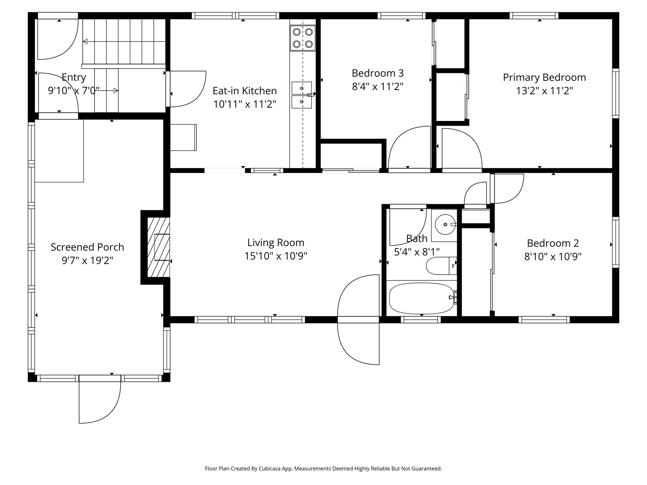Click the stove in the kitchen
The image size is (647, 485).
(303, 38)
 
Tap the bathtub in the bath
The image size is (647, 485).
(421, 298)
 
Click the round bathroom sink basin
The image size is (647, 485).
(445, 225)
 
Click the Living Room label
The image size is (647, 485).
(275, 242)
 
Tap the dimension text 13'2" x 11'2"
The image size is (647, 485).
(544, 91)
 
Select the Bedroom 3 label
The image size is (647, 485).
(378, 73)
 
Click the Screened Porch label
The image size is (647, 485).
(87, 247)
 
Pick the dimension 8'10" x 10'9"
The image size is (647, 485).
(553, 257)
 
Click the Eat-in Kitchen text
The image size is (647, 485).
(245, 91)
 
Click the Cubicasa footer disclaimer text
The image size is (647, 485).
(323, 469)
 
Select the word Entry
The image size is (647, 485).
(74, 77)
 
